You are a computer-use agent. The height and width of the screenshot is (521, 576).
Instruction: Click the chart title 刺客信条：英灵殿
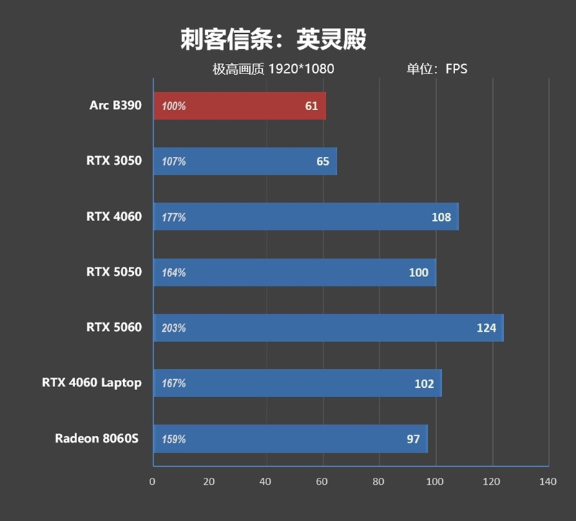tap(273, 40)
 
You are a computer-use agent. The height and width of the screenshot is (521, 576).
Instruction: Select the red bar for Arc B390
tap(239, 106)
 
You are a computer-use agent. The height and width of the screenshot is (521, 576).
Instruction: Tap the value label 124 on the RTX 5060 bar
tap(486, 328)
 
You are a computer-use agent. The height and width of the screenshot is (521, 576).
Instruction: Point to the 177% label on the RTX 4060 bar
tap(174, 217)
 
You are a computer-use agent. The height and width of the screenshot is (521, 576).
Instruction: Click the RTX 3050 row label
tap(114, 161)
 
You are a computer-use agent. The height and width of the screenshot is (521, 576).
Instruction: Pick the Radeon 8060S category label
tap(98, 438)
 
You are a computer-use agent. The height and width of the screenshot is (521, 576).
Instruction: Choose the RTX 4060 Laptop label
tap(91, 383)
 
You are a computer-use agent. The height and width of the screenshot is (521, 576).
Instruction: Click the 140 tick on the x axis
tap(548, 481)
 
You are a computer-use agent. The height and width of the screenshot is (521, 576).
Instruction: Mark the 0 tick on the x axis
tap(153, 481)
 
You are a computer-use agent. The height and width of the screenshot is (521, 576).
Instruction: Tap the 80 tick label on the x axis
tap(379, 481)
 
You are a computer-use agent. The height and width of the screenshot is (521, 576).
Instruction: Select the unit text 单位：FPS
tap(436, 69)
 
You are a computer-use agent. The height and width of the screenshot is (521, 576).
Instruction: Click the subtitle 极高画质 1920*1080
tap(273, 69)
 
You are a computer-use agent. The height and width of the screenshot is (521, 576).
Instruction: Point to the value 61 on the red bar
tap(311, 106)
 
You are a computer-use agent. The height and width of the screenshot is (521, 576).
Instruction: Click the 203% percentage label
tap(174, 328)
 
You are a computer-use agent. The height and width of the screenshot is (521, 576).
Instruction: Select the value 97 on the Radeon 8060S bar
tap(413, 439)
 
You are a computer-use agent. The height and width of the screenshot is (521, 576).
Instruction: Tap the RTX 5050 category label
tap(114, 272)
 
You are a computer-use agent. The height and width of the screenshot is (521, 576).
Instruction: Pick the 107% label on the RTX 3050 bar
tap(174, 162)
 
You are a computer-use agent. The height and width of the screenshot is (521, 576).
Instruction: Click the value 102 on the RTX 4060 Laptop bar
tap(424, 384)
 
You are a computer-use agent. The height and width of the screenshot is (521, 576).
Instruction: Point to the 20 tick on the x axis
tap(209, 481)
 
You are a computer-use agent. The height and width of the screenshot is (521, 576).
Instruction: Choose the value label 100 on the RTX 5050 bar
tap(418, 273)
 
